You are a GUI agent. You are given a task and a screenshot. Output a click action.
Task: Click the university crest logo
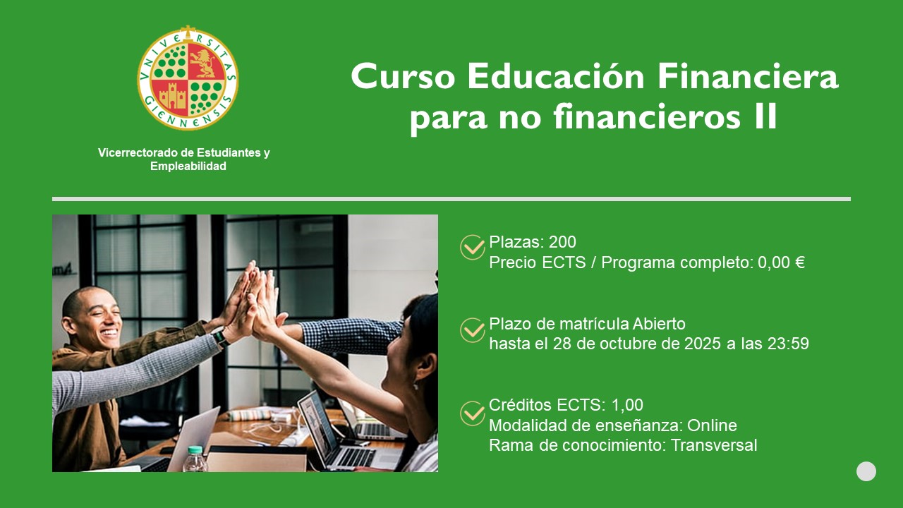tap(188, 78)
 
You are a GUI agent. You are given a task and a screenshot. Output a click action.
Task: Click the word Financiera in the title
tap(748, 77)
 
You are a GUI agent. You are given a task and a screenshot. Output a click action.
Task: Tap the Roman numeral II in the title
tap(765, 116)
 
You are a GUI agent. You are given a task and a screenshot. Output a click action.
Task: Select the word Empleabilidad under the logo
tap(188, 166)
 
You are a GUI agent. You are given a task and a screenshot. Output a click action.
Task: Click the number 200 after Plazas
tap(562, 242)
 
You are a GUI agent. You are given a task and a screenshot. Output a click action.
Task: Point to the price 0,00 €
tap(781, 262)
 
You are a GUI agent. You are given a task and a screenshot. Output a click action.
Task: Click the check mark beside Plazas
tap(473, 247)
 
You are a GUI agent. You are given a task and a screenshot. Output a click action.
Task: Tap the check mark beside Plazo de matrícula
tap(473, 330)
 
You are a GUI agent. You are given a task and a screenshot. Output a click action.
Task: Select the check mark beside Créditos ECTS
tap(473, 413)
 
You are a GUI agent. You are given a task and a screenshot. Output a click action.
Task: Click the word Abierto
tap(659, 324)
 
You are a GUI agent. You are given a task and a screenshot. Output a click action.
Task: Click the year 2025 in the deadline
tap(703, 344)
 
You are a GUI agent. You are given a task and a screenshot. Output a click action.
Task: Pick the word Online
tap(712, 425)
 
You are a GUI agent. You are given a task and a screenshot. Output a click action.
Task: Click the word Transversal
tap(714, 445)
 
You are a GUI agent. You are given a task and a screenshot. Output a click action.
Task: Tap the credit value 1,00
tap(627, 405)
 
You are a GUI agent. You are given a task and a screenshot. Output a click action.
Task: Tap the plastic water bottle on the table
tap(195, 459)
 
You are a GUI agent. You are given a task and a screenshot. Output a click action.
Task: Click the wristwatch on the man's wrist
tap(221, 338)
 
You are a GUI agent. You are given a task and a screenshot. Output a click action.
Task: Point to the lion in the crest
tap(205, 63)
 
